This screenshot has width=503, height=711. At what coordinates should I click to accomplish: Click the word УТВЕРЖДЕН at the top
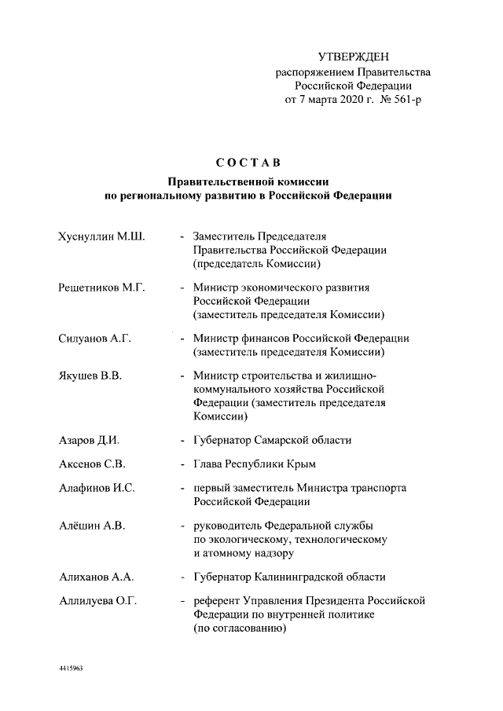353,57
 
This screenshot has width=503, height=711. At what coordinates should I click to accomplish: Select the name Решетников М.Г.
102,288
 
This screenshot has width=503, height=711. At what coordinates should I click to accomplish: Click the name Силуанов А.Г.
94,339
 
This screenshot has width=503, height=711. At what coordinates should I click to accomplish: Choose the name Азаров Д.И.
89,440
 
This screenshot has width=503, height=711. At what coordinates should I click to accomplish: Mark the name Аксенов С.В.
92,464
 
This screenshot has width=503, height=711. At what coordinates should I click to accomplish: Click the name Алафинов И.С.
97,488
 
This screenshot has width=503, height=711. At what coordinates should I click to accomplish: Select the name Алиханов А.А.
96,577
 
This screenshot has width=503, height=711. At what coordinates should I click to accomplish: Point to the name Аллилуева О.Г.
98,601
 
